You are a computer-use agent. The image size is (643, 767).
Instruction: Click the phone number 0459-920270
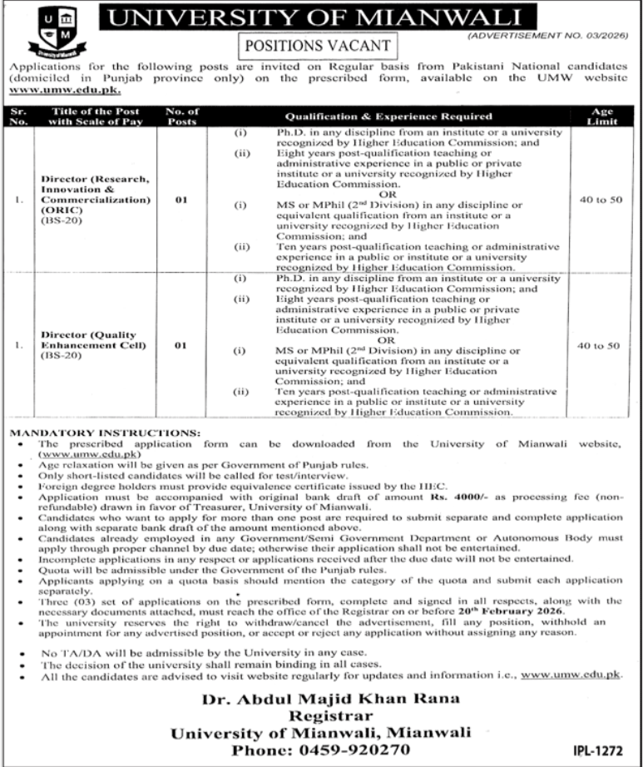point(319,731)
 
